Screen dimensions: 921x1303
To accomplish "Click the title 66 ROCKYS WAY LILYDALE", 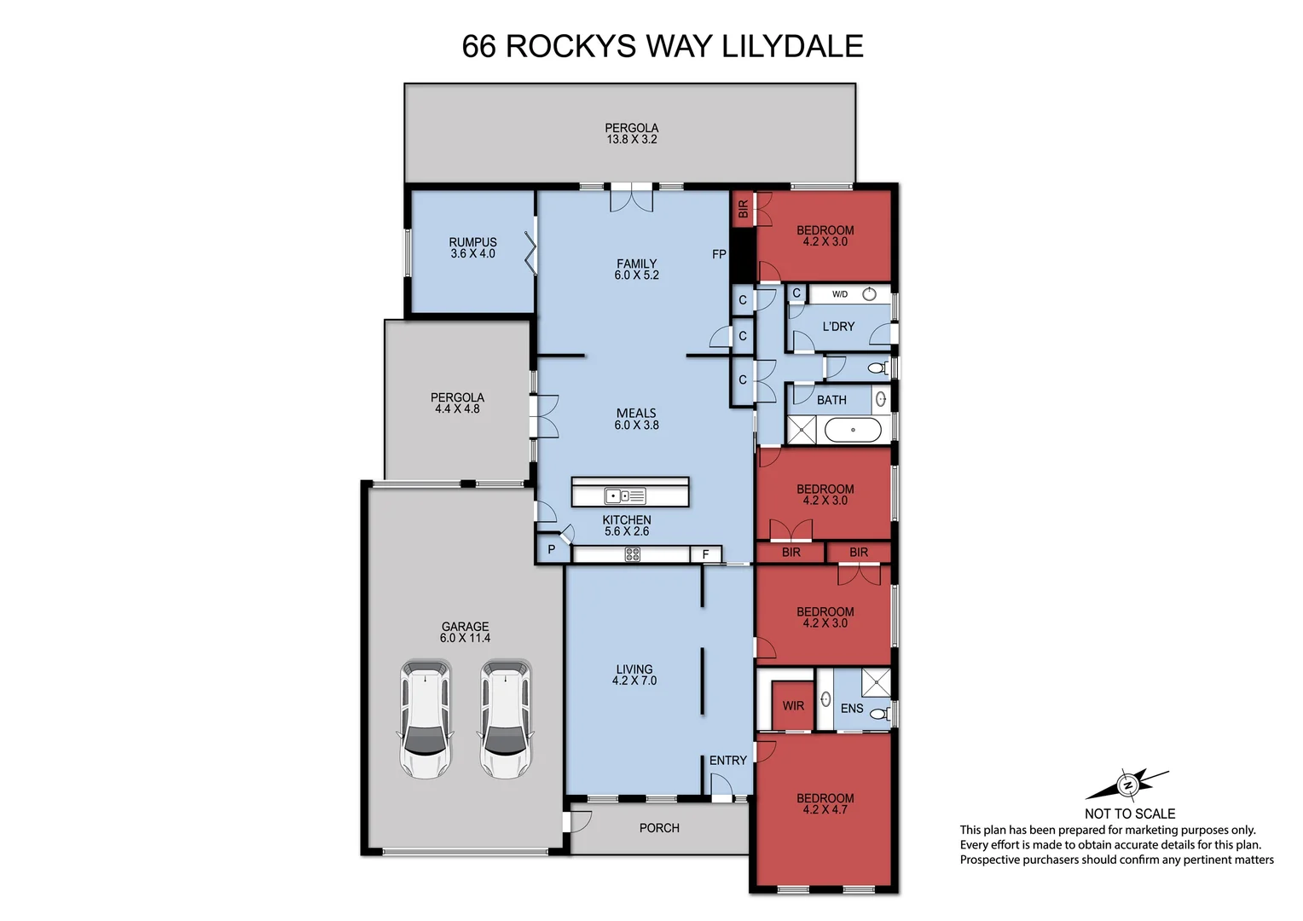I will tap(663, 46).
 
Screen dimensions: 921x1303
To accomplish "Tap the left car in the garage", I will tap(425, 719).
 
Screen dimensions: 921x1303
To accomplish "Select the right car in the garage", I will tap(506, 719).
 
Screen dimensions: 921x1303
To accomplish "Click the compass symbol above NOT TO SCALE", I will tap(1127, 784).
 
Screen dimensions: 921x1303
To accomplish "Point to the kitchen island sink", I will tap(625, 495).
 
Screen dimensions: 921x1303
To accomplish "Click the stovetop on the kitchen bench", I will tap(632, 554).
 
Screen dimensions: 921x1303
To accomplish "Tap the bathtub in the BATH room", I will tap(853, 430).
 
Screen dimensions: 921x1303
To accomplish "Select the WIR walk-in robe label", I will tap(793, 706).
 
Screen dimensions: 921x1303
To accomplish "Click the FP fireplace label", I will tap(719, 254).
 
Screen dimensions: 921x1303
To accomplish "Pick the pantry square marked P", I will tap(552, 550).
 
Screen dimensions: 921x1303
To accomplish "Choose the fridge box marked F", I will tap(705, 554).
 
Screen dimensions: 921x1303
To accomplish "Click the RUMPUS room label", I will tap(472, 242).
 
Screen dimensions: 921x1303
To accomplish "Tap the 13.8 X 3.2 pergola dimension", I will tap(632, 140).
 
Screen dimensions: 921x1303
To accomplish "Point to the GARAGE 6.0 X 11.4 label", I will tap(465, 632).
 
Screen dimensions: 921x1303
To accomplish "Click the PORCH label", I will tap(659, 828).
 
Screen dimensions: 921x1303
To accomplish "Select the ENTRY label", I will tap(727, 761).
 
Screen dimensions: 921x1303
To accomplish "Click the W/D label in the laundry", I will tap(840, 294).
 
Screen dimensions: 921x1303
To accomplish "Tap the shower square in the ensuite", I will tap(875, 684).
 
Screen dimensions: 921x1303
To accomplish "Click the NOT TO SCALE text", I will tap(1129, 814).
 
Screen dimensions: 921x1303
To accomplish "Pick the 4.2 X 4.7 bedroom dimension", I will tap(825, 810).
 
